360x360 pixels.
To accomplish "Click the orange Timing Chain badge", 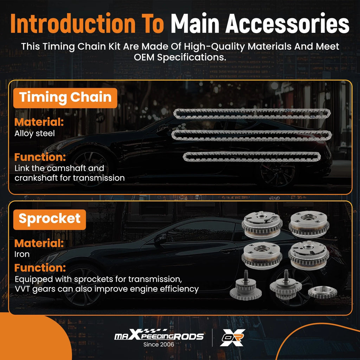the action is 65,98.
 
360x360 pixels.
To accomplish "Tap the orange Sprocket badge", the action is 50,219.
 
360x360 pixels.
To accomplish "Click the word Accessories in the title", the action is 288,24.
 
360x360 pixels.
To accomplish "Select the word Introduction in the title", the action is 73,24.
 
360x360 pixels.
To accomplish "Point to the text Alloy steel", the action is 35,134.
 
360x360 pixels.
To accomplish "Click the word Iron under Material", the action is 22,254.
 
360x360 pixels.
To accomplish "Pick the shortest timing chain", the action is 252,156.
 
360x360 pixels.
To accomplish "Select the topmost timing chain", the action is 252,114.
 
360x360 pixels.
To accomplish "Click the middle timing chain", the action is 252,135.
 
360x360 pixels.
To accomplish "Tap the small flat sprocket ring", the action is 322,292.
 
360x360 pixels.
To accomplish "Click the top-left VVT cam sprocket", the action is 262,225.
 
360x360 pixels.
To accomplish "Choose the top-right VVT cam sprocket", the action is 309,224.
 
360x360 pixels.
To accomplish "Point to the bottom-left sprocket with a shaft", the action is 245,286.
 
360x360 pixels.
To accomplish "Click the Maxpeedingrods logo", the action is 159,335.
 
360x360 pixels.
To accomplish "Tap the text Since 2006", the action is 159,345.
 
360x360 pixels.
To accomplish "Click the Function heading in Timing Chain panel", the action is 40,157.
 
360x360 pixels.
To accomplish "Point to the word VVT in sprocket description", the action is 22,289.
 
